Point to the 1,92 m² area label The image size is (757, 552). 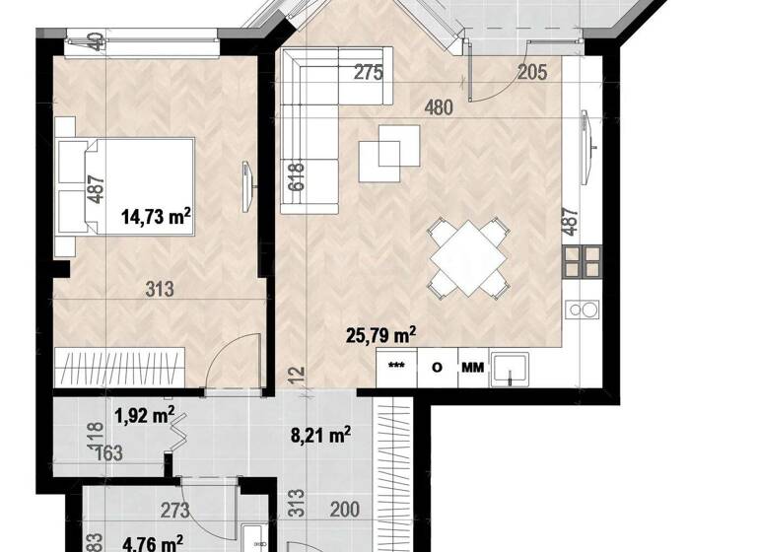pos(144,414)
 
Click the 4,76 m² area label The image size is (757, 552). pos(152,543)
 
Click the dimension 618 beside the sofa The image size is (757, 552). pos(296,175)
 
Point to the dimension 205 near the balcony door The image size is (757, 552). pos(533,71)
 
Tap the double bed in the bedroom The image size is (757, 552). pos(126,186)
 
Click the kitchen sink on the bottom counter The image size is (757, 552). pos(511,370)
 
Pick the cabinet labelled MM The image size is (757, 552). pos(472,369)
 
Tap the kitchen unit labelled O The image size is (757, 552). pos(437,369)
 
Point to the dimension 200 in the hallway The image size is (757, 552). pos(344,511)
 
